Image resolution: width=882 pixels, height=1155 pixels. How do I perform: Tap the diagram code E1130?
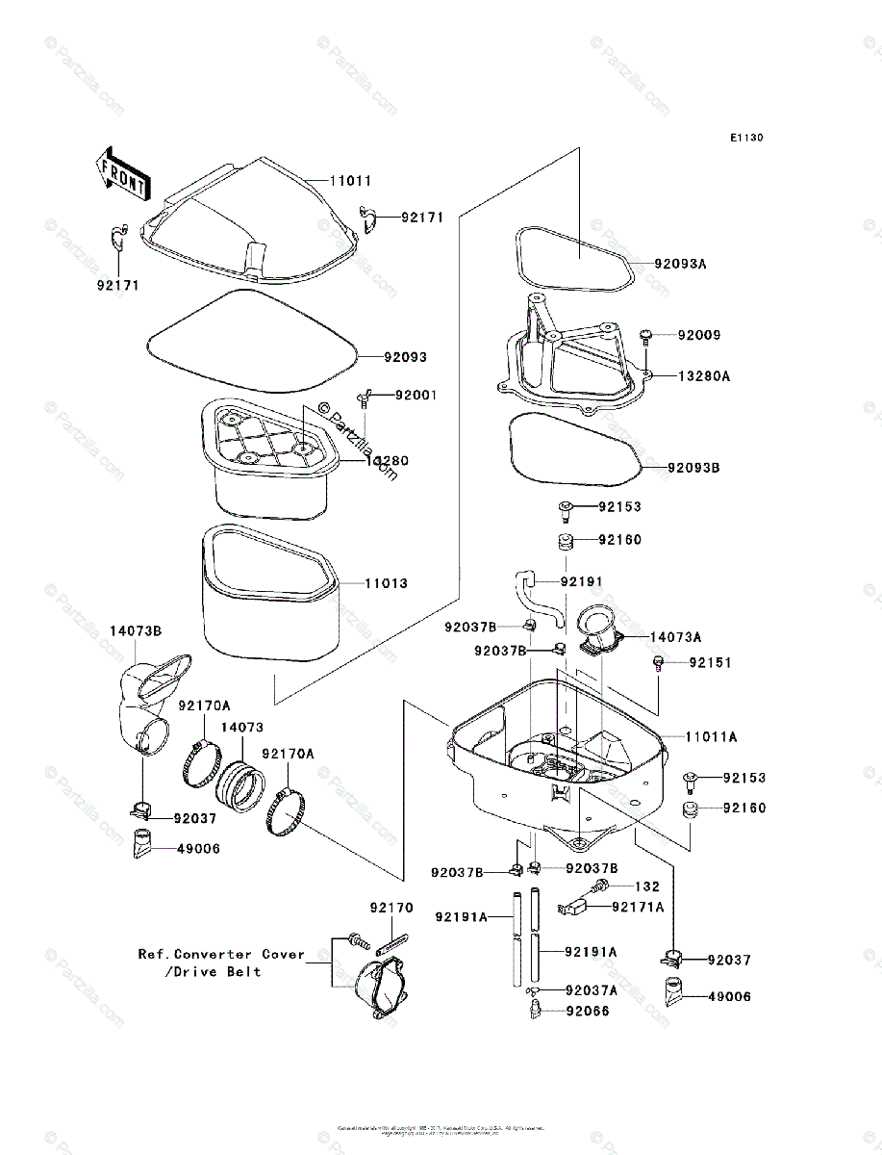[x=745, y=139]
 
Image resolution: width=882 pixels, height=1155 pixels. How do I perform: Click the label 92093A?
[x=680, y=263]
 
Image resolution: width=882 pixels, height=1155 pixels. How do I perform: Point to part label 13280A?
[x=703, y=376]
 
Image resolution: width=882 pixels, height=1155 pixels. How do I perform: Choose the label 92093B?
[x=693, y=468]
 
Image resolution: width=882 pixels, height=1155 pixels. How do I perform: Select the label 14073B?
[x=135, y=631]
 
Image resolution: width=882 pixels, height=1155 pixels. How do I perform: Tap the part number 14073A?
[x=675, y=637]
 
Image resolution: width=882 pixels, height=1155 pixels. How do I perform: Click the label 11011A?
[x=711, y=736]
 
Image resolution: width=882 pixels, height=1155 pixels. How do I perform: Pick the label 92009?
[x=698, y=336]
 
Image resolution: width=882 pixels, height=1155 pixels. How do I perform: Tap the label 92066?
[x=587, y=1011]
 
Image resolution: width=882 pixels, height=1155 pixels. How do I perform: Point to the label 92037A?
[x=592, y=990]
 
